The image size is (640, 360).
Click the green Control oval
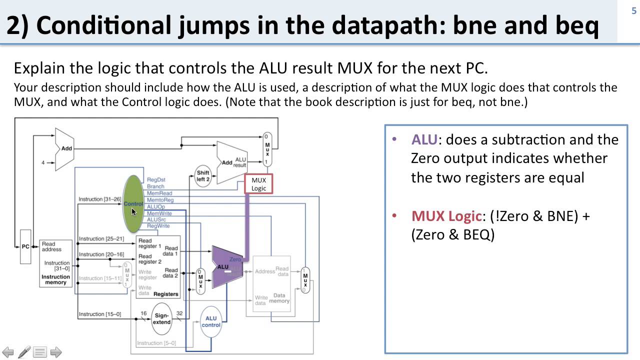[x=133, y=203]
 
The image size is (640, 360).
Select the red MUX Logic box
[x=258, y=184]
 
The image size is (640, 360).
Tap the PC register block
[x=25, y=246]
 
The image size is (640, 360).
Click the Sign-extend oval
[x=161, y=318]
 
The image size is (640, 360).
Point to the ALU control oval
[x=211, y=321]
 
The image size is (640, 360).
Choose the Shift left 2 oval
[x=202, y=176]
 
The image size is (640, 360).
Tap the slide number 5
[x=634, y=11]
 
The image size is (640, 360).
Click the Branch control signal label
[x=155, y=186]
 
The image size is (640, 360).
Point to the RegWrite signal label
[x=158, y=226]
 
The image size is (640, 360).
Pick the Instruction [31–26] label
[x=100, y=199]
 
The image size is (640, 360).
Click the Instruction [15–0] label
[x=99, y=314]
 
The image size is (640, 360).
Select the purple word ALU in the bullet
[x=424, y=139]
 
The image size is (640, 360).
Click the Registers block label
[x=165, y=294]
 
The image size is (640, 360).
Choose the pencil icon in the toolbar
[x=24, y=352]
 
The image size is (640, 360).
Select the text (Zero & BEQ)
[x=452, y=235]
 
